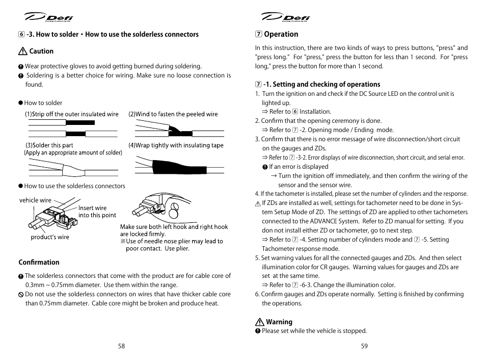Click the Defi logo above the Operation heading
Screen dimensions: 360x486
(286, 18)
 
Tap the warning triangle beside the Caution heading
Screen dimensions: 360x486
(22, 52)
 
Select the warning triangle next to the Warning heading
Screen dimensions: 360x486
(259, 322)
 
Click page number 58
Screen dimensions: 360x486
(121, 346)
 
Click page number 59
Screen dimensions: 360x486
(364, 346)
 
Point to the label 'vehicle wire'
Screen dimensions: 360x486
(35, 200)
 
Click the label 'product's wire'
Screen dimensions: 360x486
(49, 237)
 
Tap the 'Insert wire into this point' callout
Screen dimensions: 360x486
(97, 212)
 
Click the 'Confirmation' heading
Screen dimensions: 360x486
(39, 263)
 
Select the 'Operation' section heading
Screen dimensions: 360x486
(281, 34)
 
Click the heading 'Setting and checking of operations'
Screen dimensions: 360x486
(321, 85)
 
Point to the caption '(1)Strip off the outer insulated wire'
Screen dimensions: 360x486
(72, 114)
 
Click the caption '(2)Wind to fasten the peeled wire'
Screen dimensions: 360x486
(173, 114)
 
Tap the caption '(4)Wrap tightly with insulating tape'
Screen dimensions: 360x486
(176, 145)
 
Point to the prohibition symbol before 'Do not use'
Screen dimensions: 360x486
(21, 294)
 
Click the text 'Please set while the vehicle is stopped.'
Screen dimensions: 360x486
(314, 331)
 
